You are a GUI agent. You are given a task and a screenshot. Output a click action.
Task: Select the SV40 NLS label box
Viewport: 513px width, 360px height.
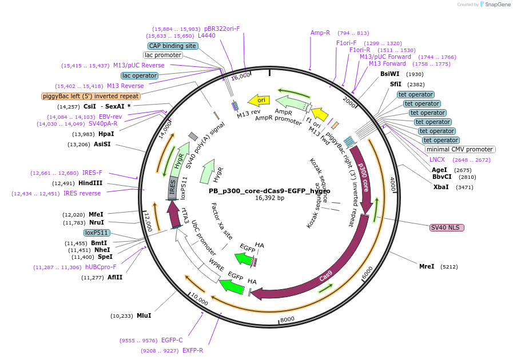(x=447, y=227)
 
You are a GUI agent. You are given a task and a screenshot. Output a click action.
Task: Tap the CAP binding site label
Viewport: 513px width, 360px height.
(x=173, y=46)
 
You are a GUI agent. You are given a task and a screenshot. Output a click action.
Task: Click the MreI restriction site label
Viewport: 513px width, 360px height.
(x=427, y=266)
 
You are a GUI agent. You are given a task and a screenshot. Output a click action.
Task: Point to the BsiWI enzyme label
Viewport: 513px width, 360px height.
(x=390, y=74)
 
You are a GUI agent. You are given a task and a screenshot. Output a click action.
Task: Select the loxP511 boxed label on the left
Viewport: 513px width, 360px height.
(x=97, y=233)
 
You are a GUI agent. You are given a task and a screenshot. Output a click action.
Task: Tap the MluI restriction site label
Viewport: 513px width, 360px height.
(x=144, y=315)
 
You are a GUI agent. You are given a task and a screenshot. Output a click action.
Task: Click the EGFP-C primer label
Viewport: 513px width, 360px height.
(x=172, y=340)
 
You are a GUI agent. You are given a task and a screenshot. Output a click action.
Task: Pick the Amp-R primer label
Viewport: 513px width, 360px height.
(x=320, y=33)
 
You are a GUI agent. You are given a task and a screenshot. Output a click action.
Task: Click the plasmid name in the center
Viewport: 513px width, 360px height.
(x=269, y=191)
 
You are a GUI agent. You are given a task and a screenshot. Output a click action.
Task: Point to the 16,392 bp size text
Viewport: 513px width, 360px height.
(x=269, y=198)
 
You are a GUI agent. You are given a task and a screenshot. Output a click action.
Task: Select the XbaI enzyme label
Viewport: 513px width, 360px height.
(x=441, y=187)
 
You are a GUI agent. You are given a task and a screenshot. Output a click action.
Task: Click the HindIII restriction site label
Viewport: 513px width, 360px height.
(x=91, y=183)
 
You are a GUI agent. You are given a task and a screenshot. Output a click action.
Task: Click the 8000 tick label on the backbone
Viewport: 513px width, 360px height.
(x=287, y=319)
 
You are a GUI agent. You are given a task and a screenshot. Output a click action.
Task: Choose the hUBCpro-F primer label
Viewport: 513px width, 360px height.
(x=101, y=267)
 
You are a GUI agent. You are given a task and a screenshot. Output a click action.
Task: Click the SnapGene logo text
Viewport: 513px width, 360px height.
(x=495, y=5)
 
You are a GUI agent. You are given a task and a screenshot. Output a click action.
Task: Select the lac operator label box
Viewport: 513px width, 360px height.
(x=140, y=75)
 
